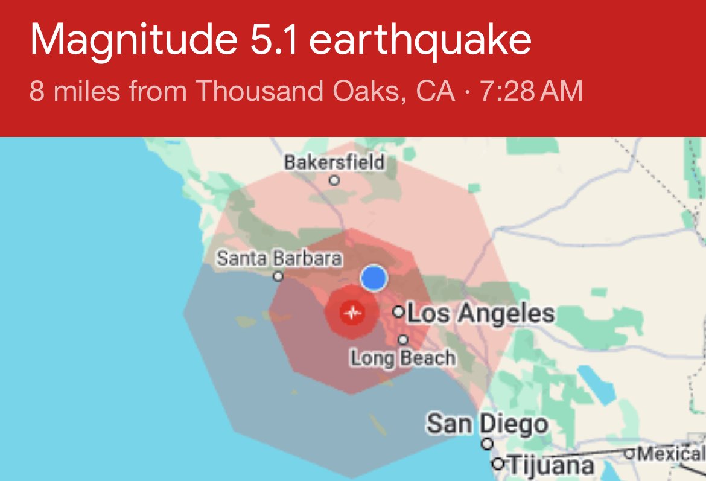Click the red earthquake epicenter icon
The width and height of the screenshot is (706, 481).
[x=352, y=313]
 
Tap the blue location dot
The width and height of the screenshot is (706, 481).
[x=374, y=278]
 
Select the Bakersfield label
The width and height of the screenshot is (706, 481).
[x=334, y=162]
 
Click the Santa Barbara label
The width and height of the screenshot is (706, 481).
[x=279, y=258]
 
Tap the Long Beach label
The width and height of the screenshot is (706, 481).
[x=403, y=358]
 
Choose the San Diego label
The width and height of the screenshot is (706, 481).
[x=487, y=424]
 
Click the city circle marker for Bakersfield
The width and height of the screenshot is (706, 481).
[x=334, y=180]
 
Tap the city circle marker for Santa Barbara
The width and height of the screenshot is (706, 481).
[x=278, y=276]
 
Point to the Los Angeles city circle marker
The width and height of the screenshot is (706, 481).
[x=398, y=312]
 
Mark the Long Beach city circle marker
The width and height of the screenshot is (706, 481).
[x=403, y=340]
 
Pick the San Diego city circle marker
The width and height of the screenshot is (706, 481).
[x=487, y=444]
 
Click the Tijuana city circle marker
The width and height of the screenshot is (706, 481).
[x=498, y=464]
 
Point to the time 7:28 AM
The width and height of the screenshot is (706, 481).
[x=531, y=92]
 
